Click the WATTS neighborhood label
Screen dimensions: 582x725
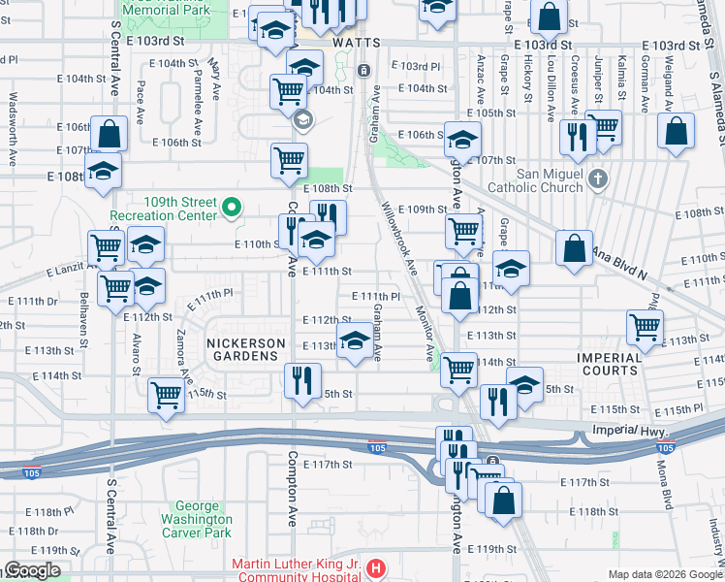pos(354,44)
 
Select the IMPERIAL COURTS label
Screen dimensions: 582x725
pos(611,364)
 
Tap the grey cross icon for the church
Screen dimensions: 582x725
pos(598,178)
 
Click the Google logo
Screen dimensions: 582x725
pos(32,571)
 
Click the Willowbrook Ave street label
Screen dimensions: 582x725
pos(398,238)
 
